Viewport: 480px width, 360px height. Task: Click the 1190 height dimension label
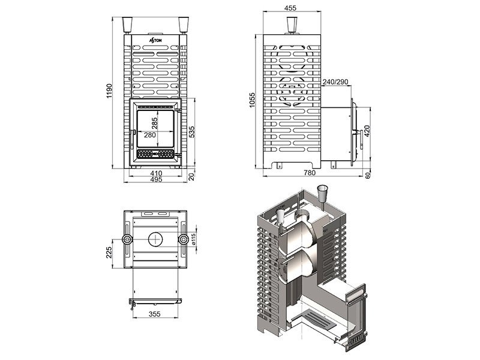coord(109,91)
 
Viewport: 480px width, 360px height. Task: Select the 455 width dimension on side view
coord(290,8)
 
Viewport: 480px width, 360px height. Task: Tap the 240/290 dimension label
coord(335,82)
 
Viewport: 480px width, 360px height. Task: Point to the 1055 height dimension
coord(252,100)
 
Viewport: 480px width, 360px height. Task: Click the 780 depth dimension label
coord(309,173)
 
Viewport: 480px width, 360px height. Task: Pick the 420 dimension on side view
coord(367,131)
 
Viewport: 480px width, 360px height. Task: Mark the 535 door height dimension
coord(191,131)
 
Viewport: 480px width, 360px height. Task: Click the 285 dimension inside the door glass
coord(154,124)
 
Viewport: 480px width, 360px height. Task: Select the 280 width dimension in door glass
coord(149,134)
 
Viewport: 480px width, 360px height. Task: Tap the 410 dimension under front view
coord(156,173)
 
